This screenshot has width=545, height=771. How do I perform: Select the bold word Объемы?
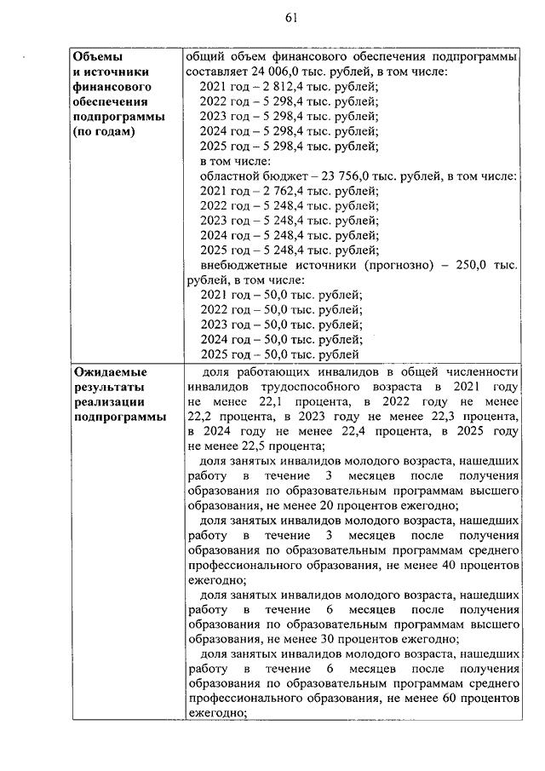click(x=93, y=57)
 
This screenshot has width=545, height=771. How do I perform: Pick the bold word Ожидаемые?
click(x=110, y=371)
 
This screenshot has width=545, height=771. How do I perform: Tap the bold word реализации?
click(x=109, y=401)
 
